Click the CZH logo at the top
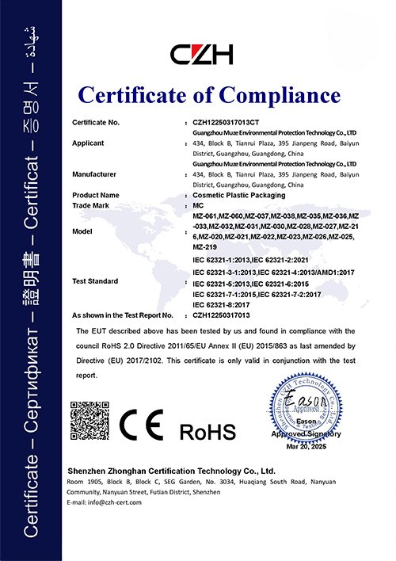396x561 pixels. pyautogui.click(x=203, y=54)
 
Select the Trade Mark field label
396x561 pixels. pyautogui.click(x=93, y=204)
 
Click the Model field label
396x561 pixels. pyautogui.click(x=83, y=231)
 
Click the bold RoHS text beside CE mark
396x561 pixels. pyautogui.click(x=208, y=432)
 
